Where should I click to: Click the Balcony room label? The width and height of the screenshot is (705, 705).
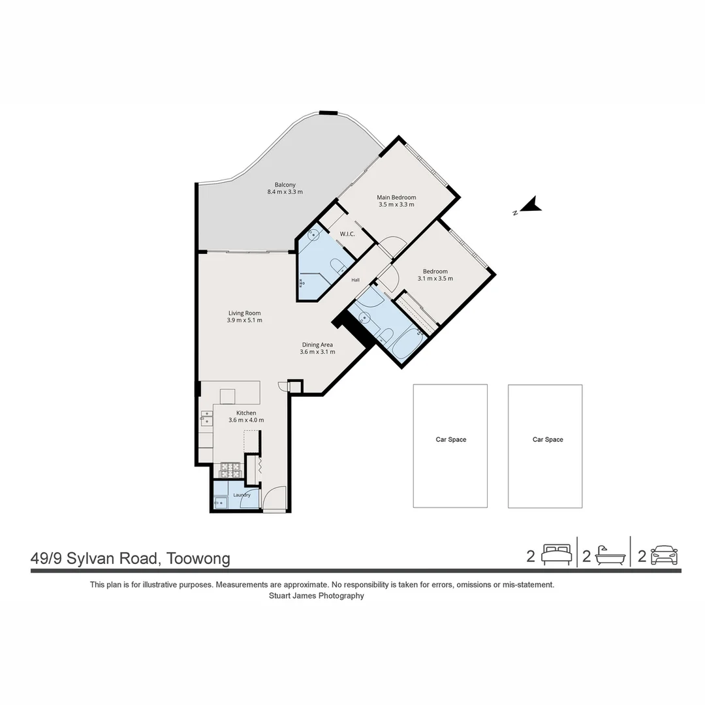[x=285, y=185]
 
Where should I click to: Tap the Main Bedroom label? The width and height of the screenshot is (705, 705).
[x=396, y=197]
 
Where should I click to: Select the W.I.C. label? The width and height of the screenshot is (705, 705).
[x=347, y=234]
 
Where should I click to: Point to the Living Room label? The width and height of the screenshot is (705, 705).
[x=244, y=313]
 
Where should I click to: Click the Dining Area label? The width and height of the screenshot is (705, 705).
[x=317, y=345]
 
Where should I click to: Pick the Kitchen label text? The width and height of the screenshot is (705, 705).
[x=246, y=413]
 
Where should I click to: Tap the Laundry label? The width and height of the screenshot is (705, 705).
[x=242, y=495]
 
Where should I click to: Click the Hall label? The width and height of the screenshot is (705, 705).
[x=355, y=280]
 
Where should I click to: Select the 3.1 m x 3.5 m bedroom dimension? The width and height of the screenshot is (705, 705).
[x=435, y=279]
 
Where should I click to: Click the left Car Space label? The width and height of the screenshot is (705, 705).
[x=451, y=440]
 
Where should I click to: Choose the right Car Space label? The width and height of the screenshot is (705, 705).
[x=548, y=440]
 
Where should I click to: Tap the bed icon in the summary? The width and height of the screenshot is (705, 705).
[x=557, y=555]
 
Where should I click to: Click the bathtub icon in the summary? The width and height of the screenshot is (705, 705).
[x=610, y=556]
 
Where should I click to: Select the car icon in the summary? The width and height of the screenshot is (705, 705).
[x=664, y=555]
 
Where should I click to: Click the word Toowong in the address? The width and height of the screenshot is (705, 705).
[x=198, y=558]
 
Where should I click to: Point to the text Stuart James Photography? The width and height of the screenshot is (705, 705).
[x=317, y=596]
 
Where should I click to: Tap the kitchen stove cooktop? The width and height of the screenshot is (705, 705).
[x=231, y=470]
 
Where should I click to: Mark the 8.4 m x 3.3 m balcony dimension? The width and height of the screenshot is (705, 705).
[x=285, y=192]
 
